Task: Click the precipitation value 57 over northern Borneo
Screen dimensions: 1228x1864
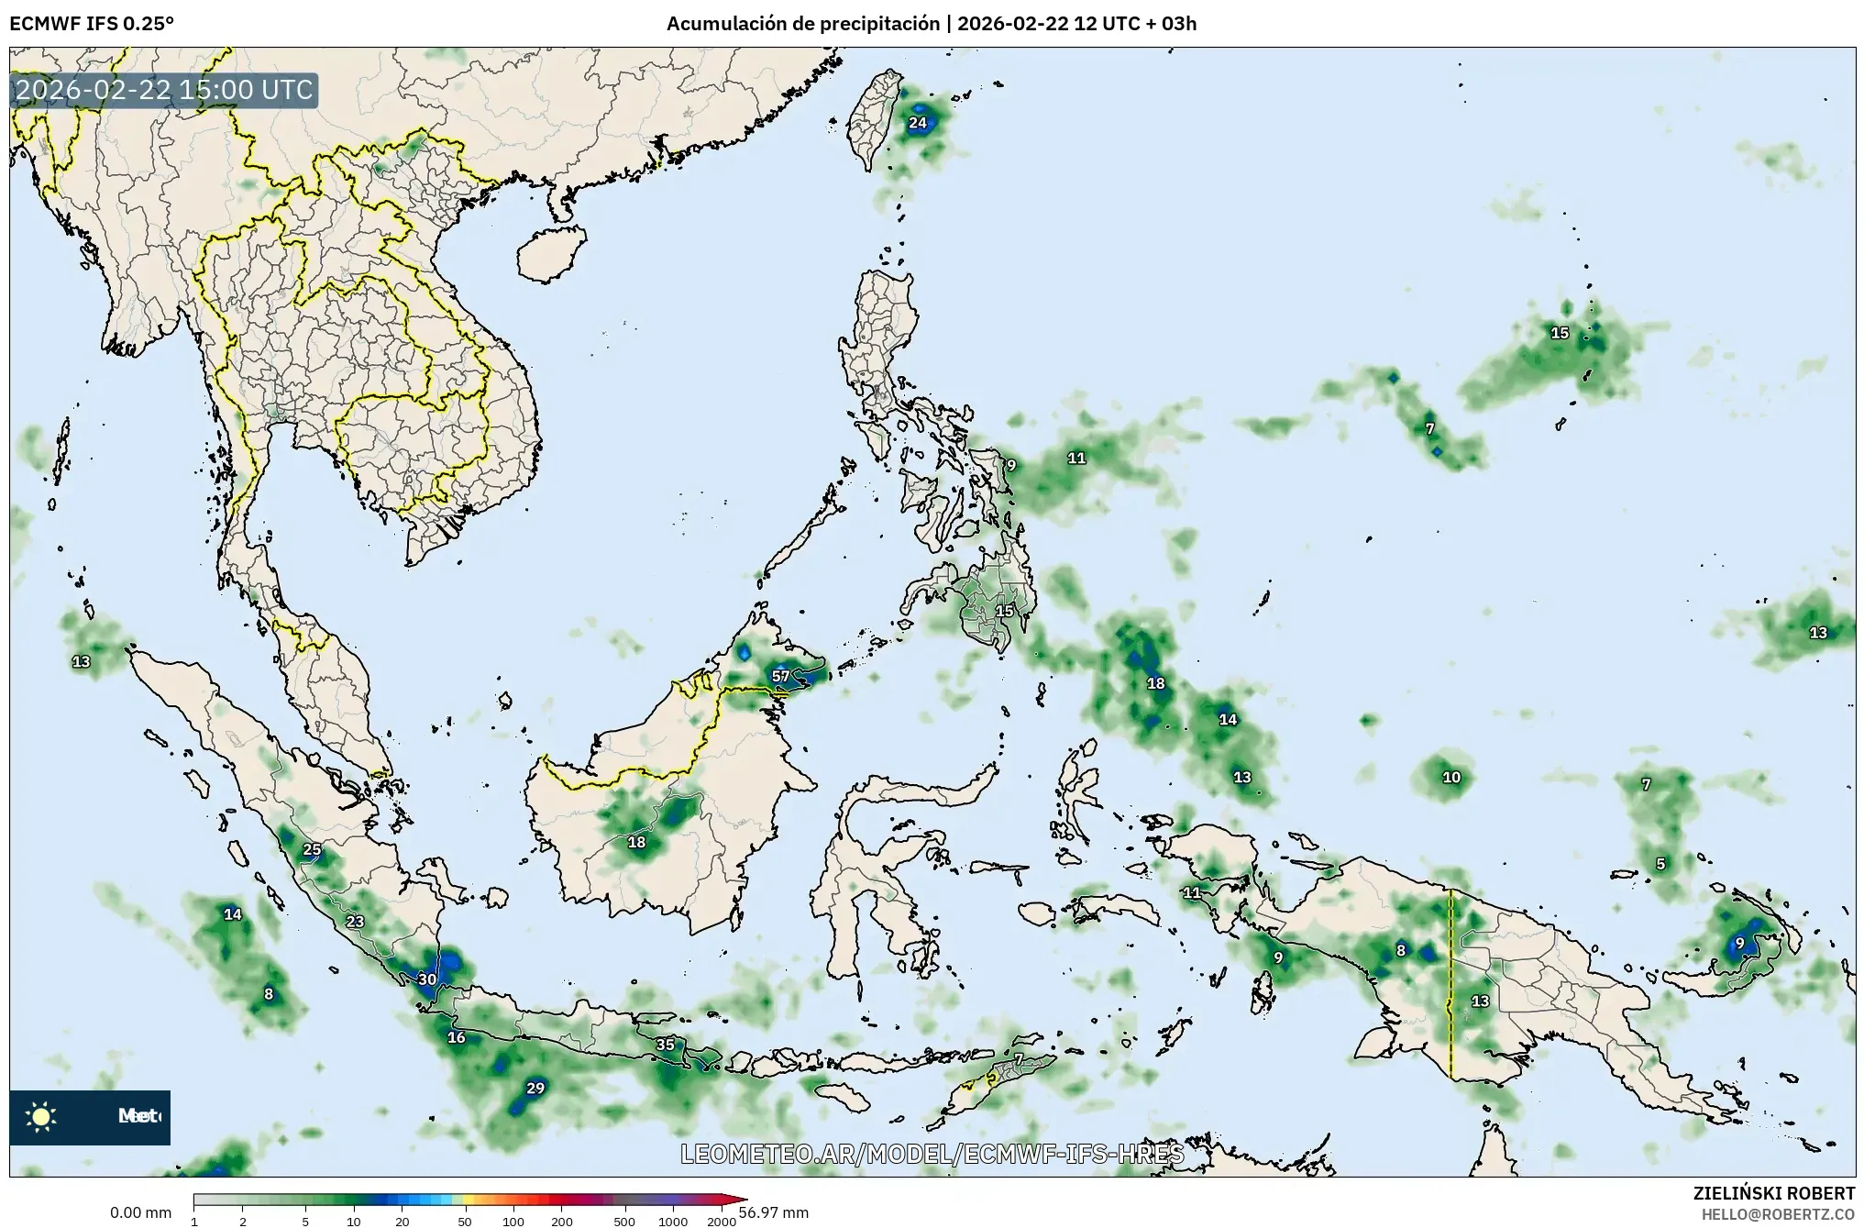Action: (780, 677)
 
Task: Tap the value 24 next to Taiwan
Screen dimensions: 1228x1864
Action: (918, 123)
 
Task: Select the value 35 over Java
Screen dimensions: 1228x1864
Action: (665, 1045)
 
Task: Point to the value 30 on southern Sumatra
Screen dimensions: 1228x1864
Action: (427, 979)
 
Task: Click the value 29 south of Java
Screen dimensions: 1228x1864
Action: (535, 1089)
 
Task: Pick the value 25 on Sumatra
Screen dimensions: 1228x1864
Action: (312, 850)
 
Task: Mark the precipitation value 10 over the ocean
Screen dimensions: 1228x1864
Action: (1451, 778)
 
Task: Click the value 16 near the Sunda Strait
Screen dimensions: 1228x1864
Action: (456, 1038)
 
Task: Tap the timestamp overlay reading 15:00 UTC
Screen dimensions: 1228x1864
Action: (165, 90)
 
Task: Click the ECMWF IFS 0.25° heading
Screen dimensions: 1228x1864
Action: (91, 24)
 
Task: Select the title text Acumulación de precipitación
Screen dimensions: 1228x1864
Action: (803, 24)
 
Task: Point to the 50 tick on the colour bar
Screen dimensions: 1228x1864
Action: (465, 1222)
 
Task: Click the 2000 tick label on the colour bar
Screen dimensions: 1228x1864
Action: (722, 1222)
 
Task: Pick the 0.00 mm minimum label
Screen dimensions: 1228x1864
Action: (140, 1213)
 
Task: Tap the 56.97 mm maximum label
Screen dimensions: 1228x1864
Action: (774, 1213)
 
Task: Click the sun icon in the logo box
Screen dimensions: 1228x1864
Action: (41, 1116)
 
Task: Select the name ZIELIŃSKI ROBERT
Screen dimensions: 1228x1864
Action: (1774, 1193)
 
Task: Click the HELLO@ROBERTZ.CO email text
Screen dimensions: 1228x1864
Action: (1778, 1214)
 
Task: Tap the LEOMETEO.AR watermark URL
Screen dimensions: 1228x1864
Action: (932, 1154)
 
